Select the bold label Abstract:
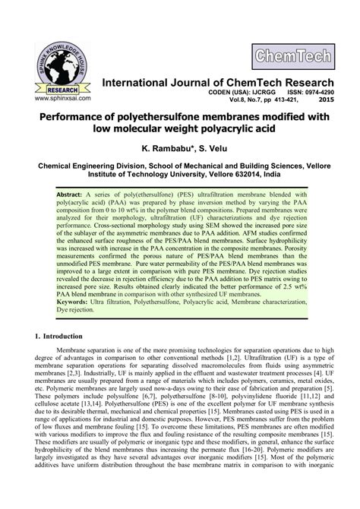click(x=73, y=194)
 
